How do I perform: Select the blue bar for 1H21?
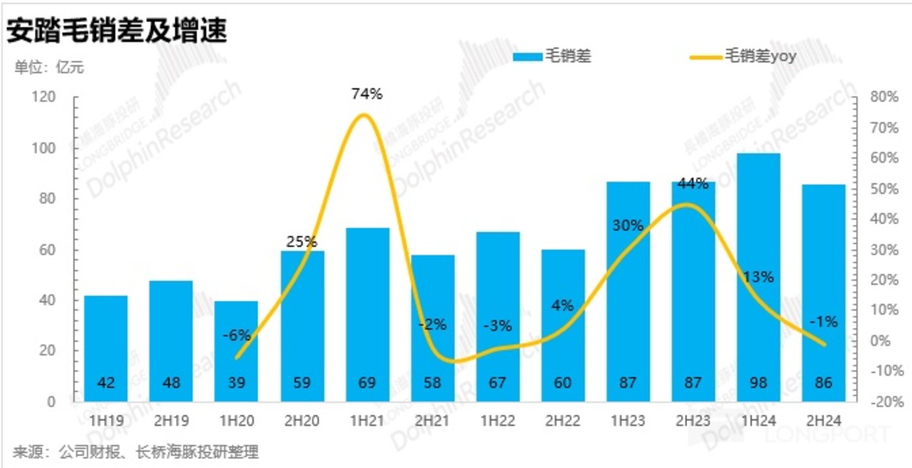(367, 313)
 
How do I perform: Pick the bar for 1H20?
(237, 352)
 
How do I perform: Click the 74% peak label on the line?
(366, 94)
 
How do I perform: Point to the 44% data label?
(693, 184)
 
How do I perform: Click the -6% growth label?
(237, 335)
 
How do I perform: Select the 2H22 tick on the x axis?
(563, 421)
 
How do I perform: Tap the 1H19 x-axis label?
(106, 421)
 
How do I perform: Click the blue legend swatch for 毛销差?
(527, 57)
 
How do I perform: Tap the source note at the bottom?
(136, 452)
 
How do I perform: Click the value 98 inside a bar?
(758, 383)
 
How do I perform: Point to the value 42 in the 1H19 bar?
(106, 383)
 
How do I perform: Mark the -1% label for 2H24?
(823, 322)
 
